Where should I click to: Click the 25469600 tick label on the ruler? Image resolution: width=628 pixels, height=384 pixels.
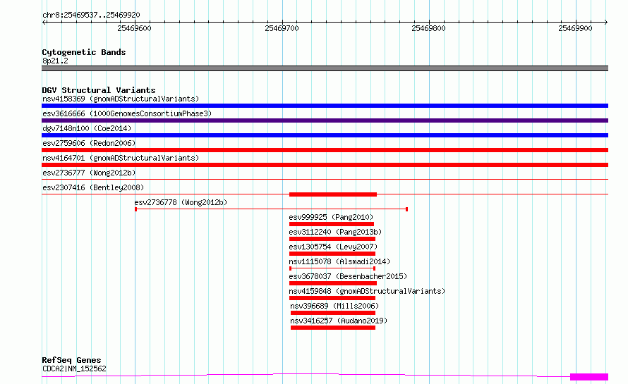pos(134,28)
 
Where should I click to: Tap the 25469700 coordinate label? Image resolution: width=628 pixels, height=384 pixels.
pos(282,28)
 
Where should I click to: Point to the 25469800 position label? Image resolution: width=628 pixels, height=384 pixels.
pos(428,28)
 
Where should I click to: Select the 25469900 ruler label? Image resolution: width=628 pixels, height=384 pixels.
pos(575,28)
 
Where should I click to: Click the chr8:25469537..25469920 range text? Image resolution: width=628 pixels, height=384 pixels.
pos(91,16)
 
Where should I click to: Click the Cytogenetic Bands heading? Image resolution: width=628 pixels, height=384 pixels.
pos(84,52)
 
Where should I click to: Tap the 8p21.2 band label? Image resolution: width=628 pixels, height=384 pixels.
pos(55,61)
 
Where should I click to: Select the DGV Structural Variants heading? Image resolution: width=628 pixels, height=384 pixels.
pos(99,90)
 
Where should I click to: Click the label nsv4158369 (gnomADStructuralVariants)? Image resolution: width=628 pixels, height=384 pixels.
pos(121,99)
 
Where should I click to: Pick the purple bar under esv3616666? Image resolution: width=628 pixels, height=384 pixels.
pos(325,120)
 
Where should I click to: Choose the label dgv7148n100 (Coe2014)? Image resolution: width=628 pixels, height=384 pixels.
pos(87,128)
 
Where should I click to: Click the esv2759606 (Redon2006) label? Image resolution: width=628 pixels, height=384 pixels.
pos(89,143)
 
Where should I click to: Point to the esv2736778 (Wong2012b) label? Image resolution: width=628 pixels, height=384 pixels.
pos(181,202)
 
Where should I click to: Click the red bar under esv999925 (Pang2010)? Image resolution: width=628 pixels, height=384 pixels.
pos(331,224)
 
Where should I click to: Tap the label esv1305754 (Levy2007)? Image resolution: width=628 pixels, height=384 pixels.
pos(333,247)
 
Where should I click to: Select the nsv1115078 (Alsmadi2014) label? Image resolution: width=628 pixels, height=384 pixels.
pos(339,261)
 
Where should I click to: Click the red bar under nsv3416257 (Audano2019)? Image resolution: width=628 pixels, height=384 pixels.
pos(333,328)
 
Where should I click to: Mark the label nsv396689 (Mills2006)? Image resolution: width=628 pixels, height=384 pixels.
pos(334,306)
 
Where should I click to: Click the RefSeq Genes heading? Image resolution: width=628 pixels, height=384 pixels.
pos(71,360)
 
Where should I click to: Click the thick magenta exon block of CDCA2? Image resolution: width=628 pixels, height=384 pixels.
pos(589,377)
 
